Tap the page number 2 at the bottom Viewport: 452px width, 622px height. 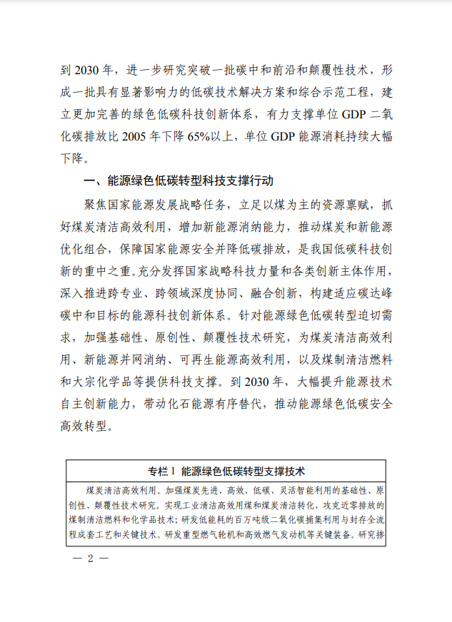pos(91,558)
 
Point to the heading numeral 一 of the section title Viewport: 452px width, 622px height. pos(90,181)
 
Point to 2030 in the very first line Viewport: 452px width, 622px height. pos(91,71)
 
